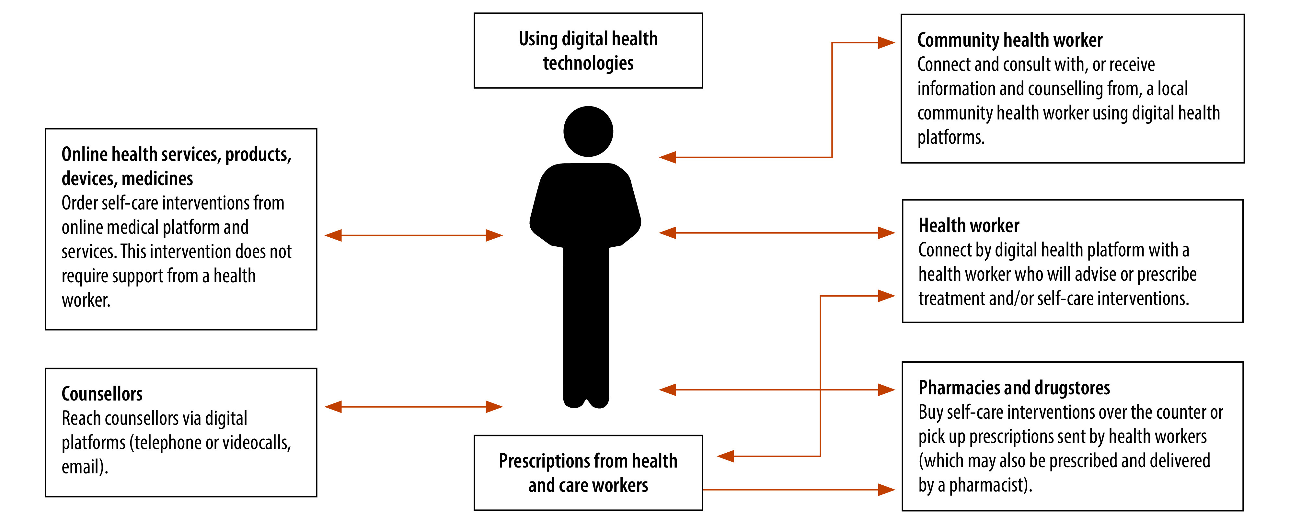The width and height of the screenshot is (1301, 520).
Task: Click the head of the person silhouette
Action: [x=588, y=131]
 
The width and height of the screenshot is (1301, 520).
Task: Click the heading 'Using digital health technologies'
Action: [x=588, y=51]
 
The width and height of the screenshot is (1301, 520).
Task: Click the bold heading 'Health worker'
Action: [x=969, y=225]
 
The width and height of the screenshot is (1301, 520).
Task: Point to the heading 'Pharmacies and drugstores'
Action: [x=1014, y=388]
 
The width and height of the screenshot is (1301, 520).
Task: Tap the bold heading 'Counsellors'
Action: [x=102, y=394]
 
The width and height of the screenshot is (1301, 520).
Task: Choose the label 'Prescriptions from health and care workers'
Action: [x=588, y=472]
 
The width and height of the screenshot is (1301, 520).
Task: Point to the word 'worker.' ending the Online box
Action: [x=86, y=300]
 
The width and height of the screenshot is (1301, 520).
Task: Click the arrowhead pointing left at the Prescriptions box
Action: [x=726, y=457]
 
